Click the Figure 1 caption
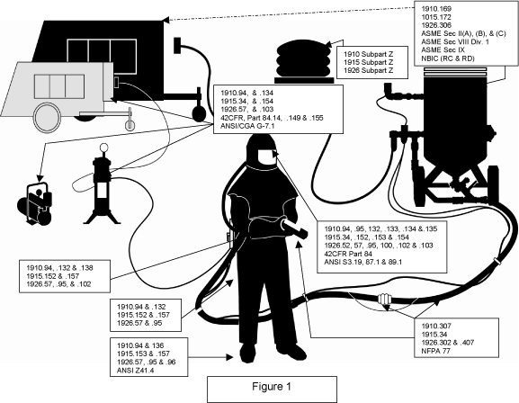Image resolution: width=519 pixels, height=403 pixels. [x=272, y=387]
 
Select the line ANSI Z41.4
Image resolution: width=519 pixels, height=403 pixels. [x=136, y=371]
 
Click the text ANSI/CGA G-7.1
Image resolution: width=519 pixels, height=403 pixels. [x=247, y=126]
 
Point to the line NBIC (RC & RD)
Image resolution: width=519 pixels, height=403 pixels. [x=448, y=58]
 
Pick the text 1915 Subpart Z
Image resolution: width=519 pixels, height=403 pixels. [x=369, y=62]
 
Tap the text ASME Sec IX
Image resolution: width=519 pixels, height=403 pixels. [x=443, y=50]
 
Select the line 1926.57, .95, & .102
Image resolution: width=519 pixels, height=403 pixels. [x=58, y=284]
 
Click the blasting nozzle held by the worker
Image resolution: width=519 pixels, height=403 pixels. [x=294, y=228]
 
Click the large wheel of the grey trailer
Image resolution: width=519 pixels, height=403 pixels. [x=48, y=118]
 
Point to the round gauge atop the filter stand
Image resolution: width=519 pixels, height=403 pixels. [x=103, y=148]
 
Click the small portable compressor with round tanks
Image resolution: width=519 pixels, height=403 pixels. [x=35, y=204]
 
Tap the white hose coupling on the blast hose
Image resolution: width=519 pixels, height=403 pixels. [x=384, y=299]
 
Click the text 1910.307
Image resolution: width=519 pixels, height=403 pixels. [x=436, y=326]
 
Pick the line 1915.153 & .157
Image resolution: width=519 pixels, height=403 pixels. [x=143, y=354]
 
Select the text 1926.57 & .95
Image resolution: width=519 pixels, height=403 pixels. [x=139, y=323]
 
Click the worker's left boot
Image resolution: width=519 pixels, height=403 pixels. [x=295, y=352]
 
